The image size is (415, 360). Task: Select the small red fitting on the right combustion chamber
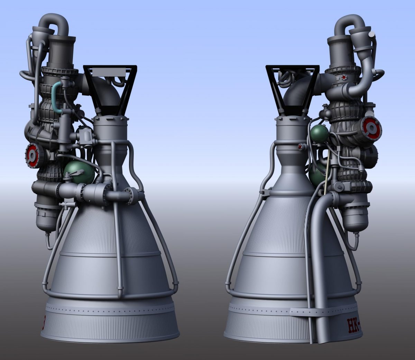click(x=300, y=147)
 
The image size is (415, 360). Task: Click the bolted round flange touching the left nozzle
click(x=133, y=196)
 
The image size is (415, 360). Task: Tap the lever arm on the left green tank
click(x=71, y=177)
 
